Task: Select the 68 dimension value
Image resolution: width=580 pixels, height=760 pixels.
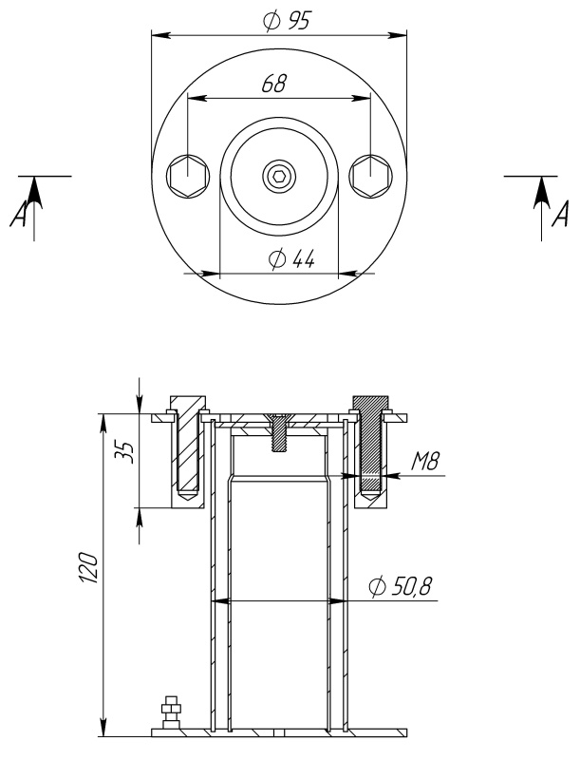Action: [x=274, y=84]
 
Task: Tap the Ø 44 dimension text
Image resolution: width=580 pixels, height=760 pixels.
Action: [x=291, y=258]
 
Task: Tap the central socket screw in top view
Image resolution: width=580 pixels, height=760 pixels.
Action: [x=277, y=175]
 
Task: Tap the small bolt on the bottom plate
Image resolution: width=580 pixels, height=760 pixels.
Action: [x=170, y=713]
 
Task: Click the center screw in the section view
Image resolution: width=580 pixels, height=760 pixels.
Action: [x=278, y=432]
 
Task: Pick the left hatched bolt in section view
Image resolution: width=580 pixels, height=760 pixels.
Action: [x=187, y=446]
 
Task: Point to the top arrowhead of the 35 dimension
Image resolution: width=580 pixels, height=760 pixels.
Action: [x=140, y=405]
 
